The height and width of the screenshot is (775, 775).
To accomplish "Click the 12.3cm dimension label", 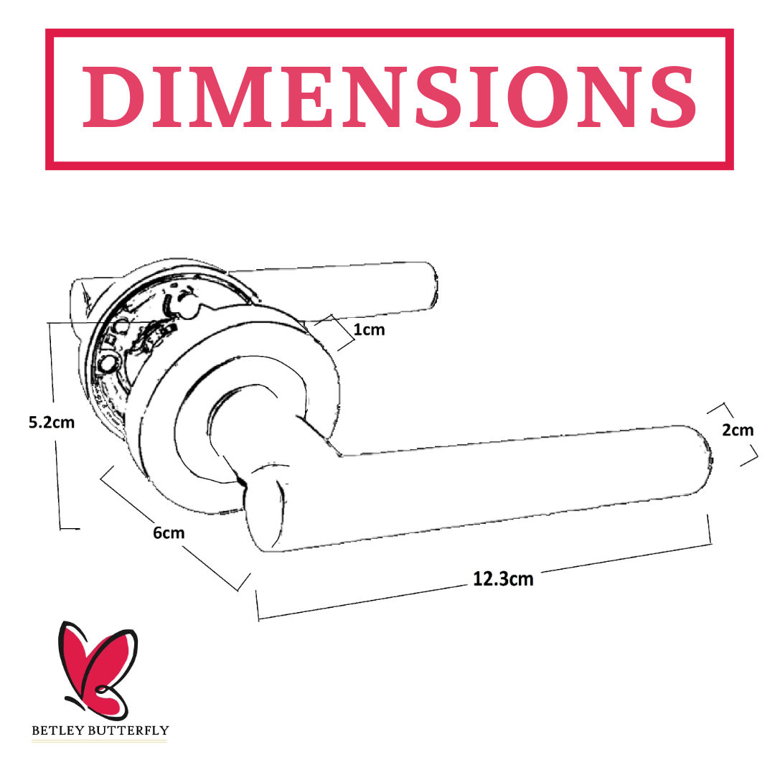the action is click(x=503, y=579).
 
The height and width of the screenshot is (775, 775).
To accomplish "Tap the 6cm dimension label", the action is click(x=169, y=532).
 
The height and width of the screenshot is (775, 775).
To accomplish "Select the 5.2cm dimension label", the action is click(x=52, y=423).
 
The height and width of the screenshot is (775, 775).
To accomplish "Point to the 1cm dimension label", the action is click(x=370, y=329).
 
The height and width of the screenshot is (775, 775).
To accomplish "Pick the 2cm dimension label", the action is click(x=738, y=430).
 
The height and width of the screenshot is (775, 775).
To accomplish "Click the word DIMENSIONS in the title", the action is click(x=390, y=97).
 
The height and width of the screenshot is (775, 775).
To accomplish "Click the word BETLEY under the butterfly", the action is click(x=54, y=731).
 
